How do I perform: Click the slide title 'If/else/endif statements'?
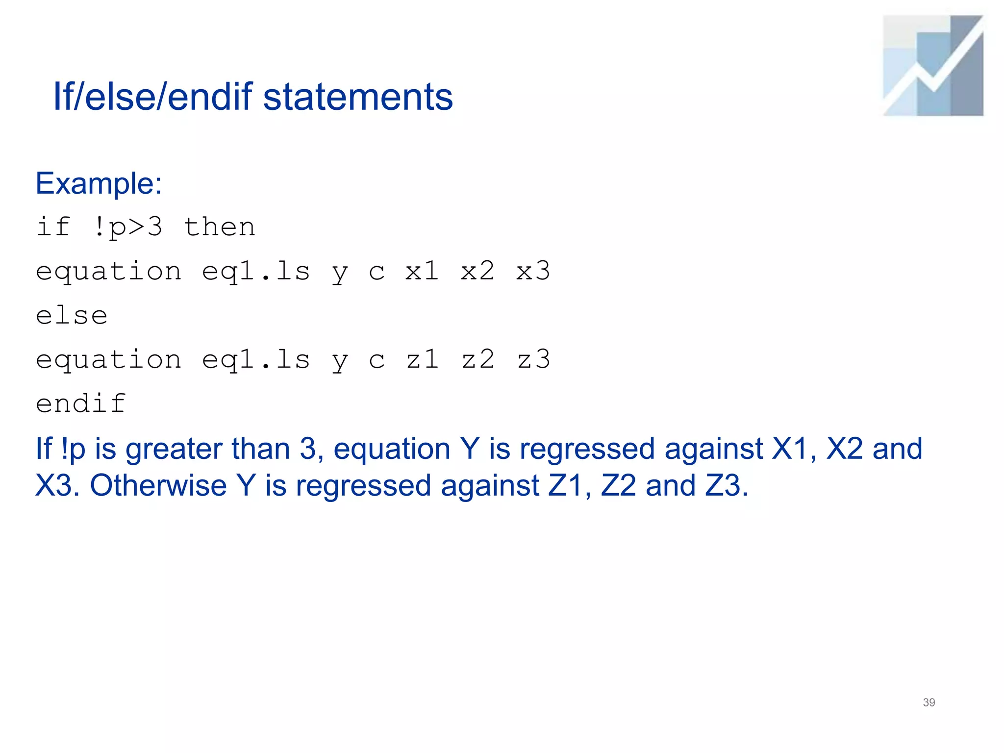pyautogui.click(x=253, y=97)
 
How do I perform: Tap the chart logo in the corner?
pyautogui.click(x=933, y=66)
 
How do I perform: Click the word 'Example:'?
pyautogui.click(x=99, y=184)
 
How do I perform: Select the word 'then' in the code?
pyautogui.click(x=219, y=227)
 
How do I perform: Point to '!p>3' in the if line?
pyautogui.click(x=127, y=227)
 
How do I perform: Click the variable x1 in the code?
pyautogui.click(x=422, y=271)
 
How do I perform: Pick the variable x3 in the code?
pyautogui.click(x=533, y=271)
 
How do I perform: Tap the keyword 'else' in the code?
pyautogui.click(x=72, y=315)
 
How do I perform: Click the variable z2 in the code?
pyautogui.click(x=478, y=359)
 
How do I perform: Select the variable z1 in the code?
pyautogui.click(x=422, y=359)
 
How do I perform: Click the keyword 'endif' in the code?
pyautogui.click(x=81, y=403)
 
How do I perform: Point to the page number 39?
pyautogui.click(x=929, y=703)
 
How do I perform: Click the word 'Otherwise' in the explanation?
pyautogui.click(x=158, y=485)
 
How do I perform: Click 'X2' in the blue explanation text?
pyautogui.click(x=844, y=449)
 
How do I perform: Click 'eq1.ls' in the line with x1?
pyautogui.click(x=255, y=271)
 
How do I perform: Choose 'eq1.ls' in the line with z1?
pyautogui.click(x=255, y=359)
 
